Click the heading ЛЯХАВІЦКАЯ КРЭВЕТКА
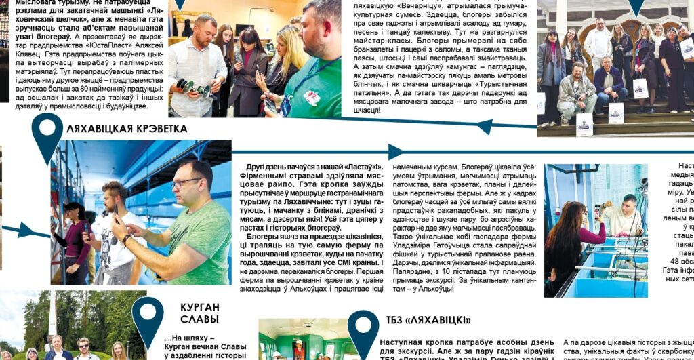click(x=127, y=129)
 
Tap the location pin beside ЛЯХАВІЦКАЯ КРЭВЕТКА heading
click(x=47, y=134)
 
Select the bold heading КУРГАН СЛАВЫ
click(x=200, y=313)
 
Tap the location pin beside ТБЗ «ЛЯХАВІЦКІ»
click(x=363, y=328)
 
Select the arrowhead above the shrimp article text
click(x=396, y=151)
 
